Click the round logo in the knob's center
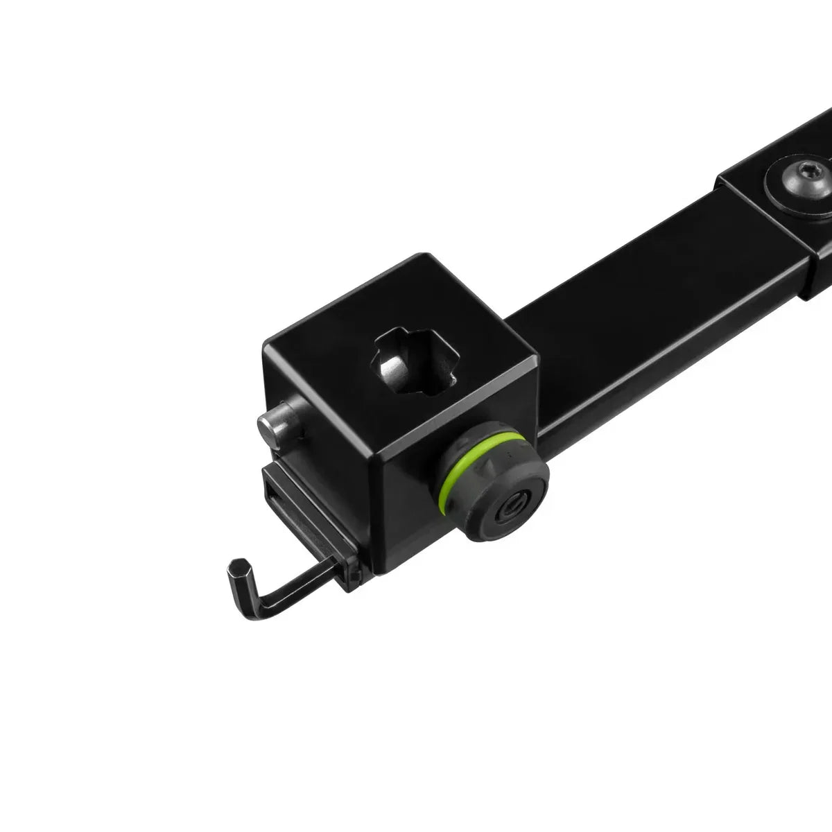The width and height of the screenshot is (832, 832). pyautogui.click(x=517, y=503)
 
